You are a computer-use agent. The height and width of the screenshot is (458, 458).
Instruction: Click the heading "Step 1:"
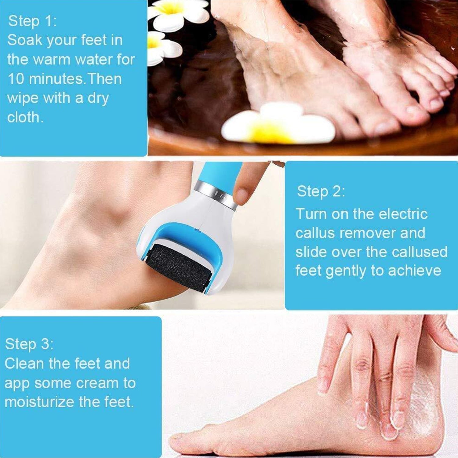coord(32,21)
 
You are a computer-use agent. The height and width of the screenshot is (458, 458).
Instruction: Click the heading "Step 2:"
coord(321,191)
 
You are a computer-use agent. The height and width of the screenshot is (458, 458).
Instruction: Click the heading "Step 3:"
coord(29,344)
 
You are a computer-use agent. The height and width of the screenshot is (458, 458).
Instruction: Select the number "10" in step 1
coord(16,79)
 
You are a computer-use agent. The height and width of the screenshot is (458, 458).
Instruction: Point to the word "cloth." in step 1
coord(25,118)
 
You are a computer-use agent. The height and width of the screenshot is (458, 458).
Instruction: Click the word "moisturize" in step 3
coord(40,402)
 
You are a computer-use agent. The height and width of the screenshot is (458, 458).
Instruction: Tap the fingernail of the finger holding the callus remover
coord(242,196)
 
